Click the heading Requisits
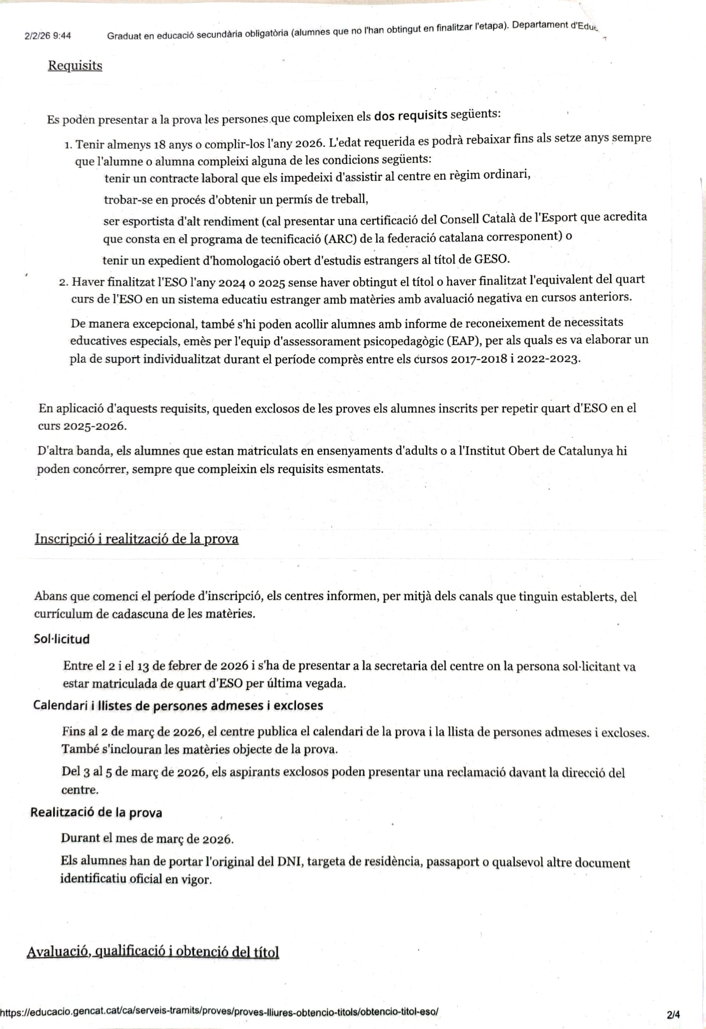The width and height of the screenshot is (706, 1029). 75,66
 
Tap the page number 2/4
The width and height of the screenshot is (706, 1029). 673,1014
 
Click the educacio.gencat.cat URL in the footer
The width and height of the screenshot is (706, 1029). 219,1011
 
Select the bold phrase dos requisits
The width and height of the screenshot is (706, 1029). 410,115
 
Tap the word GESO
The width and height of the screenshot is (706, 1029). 492,259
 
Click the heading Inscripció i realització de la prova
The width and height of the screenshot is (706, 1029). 136,539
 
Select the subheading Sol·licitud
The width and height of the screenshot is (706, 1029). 62,639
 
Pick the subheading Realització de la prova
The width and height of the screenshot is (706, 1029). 96,812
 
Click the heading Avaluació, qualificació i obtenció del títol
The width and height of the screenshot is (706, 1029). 153,952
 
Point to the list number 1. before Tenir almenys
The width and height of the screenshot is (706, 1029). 68,146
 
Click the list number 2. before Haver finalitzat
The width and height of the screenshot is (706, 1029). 63,282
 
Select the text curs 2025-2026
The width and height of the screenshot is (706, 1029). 82,426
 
